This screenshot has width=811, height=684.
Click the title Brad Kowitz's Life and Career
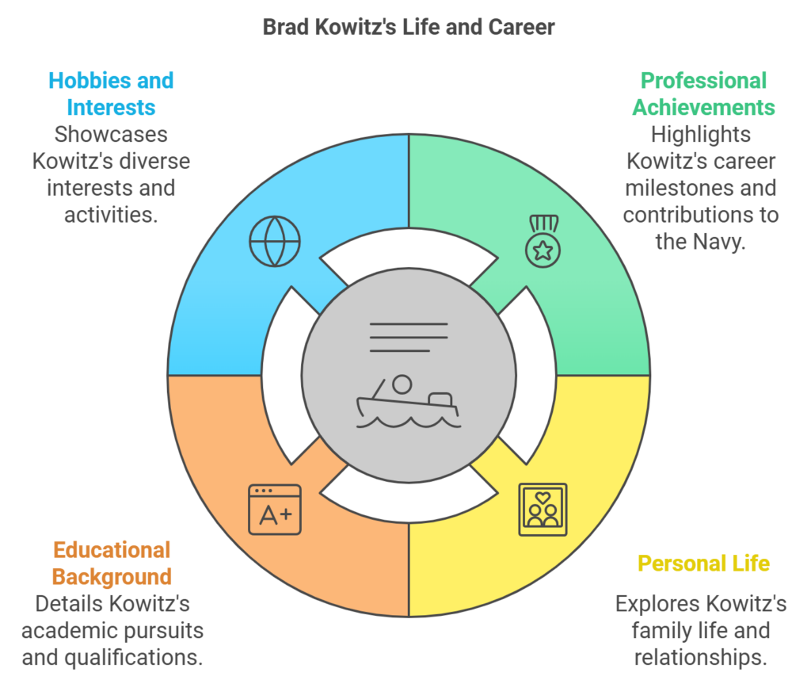point(409,28)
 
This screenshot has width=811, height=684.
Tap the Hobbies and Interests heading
point(111,94)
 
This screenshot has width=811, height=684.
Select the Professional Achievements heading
point(703,94)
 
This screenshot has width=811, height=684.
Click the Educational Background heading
point(112,564)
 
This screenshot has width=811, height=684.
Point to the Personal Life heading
point(703,564)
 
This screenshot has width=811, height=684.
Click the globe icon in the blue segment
point(275,241)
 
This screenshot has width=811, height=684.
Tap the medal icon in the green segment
point(543,241)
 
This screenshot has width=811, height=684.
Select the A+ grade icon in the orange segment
point(275,510)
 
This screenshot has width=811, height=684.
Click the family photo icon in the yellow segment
point(543,510)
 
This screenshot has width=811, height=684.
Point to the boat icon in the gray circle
point(408,402)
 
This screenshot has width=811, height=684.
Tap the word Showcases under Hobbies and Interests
point(111,135)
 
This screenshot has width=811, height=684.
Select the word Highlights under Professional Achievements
point(701,135)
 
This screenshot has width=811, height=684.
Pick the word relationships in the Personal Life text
point(701,658)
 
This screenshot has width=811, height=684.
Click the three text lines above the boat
point(409,338)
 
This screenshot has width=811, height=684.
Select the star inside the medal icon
point(543,250)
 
